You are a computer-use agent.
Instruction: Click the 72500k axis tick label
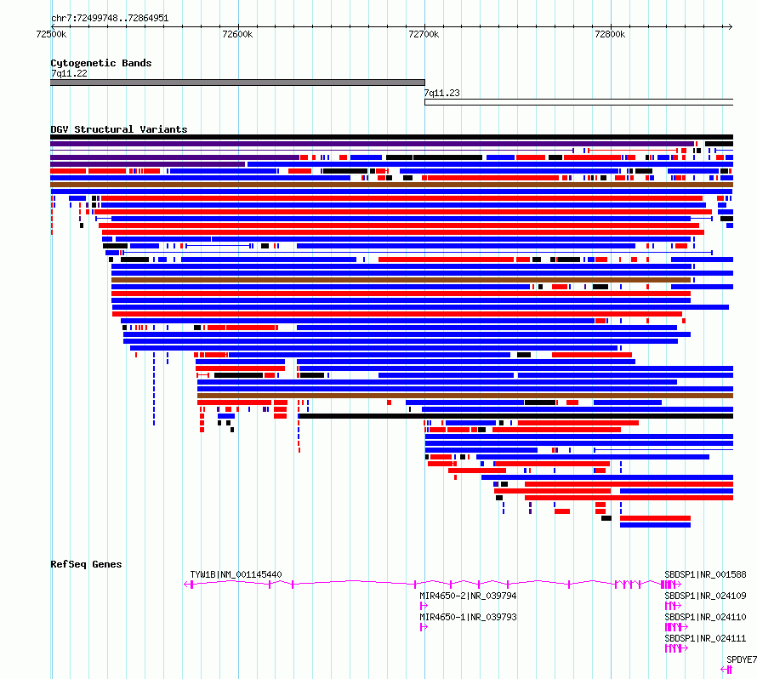(51, 34)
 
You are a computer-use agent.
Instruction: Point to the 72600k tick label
(237, 34)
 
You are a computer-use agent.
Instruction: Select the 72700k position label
(424, 34)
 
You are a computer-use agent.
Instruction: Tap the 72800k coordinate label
(610, 34)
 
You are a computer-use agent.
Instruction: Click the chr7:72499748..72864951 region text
(110, 19)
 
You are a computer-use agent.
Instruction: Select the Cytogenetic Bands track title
(101, 63)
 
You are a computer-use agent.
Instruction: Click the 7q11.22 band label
(70, 73)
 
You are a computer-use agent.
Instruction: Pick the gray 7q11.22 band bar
(237, 83)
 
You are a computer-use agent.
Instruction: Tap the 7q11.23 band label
(441, 93)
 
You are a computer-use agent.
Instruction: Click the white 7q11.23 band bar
(579, 102)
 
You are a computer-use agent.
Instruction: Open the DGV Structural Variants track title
(119, 129)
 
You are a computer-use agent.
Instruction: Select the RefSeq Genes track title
(86, 564)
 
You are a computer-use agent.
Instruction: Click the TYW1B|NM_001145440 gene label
(236, 574)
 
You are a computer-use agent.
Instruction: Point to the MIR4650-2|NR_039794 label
(469, 596)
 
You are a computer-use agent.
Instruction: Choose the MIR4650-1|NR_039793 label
(469, 617)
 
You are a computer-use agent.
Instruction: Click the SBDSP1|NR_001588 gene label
(705, 574)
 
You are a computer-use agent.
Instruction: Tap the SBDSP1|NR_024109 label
(705, 596)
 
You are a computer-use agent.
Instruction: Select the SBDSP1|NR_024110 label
(705, 617)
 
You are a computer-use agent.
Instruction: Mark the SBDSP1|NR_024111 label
(705, 638)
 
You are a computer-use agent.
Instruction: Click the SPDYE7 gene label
(742, 659)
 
